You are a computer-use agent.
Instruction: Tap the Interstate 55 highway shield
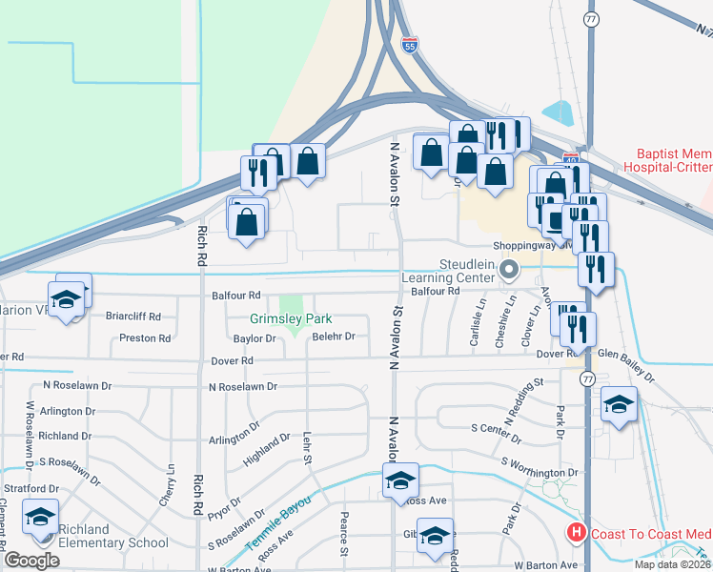click(x=409, y=46)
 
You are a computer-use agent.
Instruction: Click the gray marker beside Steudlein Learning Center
click(x=509, y=271)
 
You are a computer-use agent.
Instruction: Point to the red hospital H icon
click(x=576, y=533)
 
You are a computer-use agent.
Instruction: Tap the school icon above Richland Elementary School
click(x=40, y=518)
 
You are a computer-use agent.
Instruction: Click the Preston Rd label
click(x=145, y=338)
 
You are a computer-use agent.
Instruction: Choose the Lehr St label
click(x=307, y=447)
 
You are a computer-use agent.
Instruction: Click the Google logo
click(x=31, y=560)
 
